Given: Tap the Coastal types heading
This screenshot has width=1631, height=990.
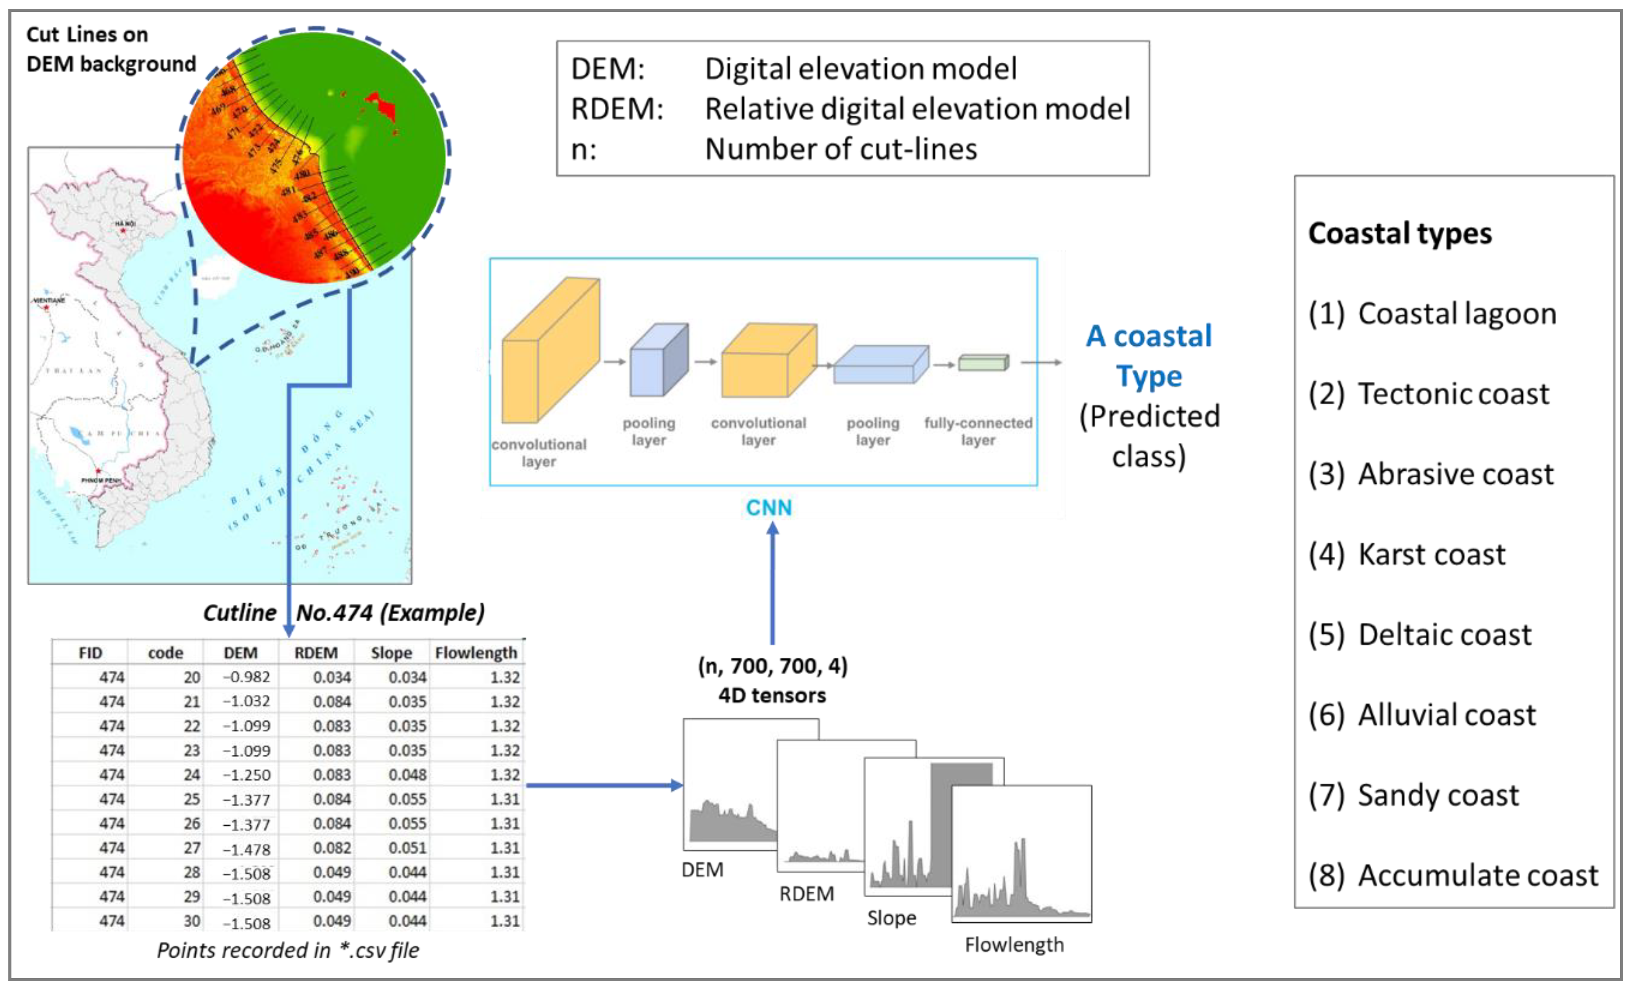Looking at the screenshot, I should [x=1399, y=234].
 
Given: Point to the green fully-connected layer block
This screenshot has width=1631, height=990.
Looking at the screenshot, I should [x=983, y=363].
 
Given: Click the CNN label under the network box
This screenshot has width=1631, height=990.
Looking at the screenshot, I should [x=769, y=508].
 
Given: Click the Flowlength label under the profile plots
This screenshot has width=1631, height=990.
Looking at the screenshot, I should [x=1013, y=944].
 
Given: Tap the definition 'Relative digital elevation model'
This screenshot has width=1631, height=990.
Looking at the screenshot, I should [x=917, y=109].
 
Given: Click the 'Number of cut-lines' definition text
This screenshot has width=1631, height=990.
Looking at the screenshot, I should [x=841, y=149].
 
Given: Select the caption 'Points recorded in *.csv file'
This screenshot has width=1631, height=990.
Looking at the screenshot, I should [x=288, y=950].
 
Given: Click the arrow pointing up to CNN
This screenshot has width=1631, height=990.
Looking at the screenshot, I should [x=772, y=582].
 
